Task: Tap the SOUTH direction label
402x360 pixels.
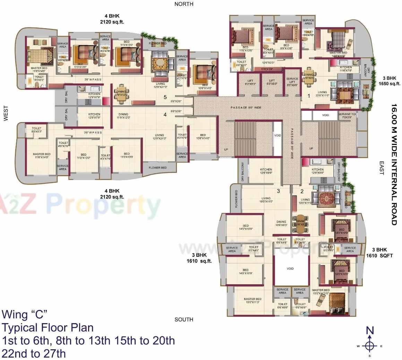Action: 184,319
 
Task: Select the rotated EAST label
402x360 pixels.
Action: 381,168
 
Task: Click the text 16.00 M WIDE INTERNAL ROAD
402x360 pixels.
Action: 394,164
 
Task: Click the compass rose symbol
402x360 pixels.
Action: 370,345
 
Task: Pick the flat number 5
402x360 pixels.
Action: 165,97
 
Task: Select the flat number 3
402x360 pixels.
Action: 278,191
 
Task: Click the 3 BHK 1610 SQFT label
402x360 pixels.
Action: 379,253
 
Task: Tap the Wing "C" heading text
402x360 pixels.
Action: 24,314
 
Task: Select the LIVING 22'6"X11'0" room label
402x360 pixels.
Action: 322,94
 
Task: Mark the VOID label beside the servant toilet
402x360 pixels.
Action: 325,115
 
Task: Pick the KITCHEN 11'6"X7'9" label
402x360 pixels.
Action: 345,69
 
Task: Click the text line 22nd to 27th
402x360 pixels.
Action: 33,353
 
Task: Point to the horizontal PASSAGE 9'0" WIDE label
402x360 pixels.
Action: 246,108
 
